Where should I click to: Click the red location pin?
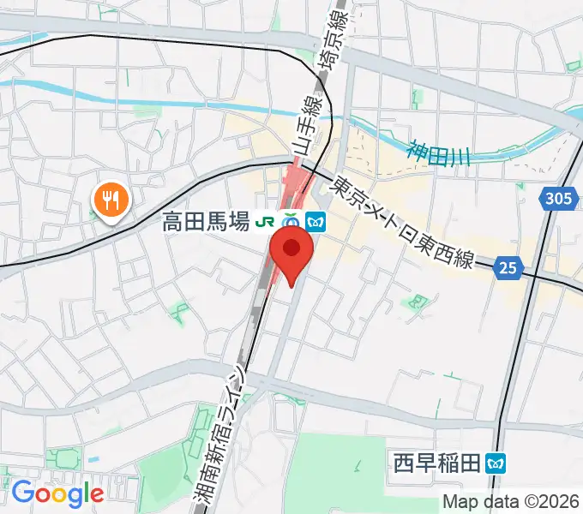click(291, 256)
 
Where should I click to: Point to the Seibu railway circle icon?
click(291, 222)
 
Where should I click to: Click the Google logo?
click(57, 493)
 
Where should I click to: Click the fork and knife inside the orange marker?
click(111, 200)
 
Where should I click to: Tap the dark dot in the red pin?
click(291, 248)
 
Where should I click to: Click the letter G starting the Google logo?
click(22, 493)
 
